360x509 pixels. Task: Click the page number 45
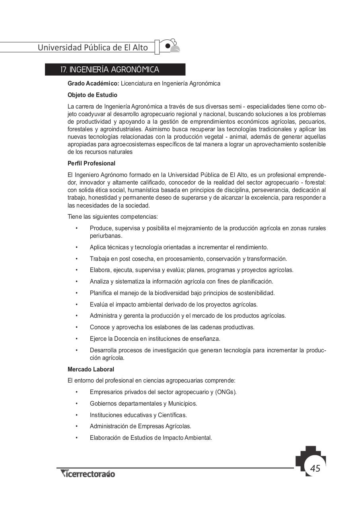tap(315, 468)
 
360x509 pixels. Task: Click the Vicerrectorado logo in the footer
tap(88, 474)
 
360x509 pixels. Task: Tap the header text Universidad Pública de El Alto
tap(93, 48)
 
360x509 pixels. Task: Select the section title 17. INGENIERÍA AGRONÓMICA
tap(109, 70)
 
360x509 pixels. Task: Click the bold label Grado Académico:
tap(93, 84)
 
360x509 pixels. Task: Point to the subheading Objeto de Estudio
tap(92, 95)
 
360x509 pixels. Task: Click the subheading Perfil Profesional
tap(91, 163)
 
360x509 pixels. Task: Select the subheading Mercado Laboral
tap(91, 369)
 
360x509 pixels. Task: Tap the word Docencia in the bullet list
tap(126, 339)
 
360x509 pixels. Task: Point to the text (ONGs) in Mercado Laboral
tap(226, 392)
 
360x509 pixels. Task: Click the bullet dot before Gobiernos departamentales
tap(76, 404)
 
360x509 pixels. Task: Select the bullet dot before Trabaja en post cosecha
tap(76, 259)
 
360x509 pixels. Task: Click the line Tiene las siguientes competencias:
tap(113, 217)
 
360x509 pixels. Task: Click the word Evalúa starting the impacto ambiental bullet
tap(98, 305)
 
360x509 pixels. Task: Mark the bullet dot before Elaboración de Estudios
tap(76, 438)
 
